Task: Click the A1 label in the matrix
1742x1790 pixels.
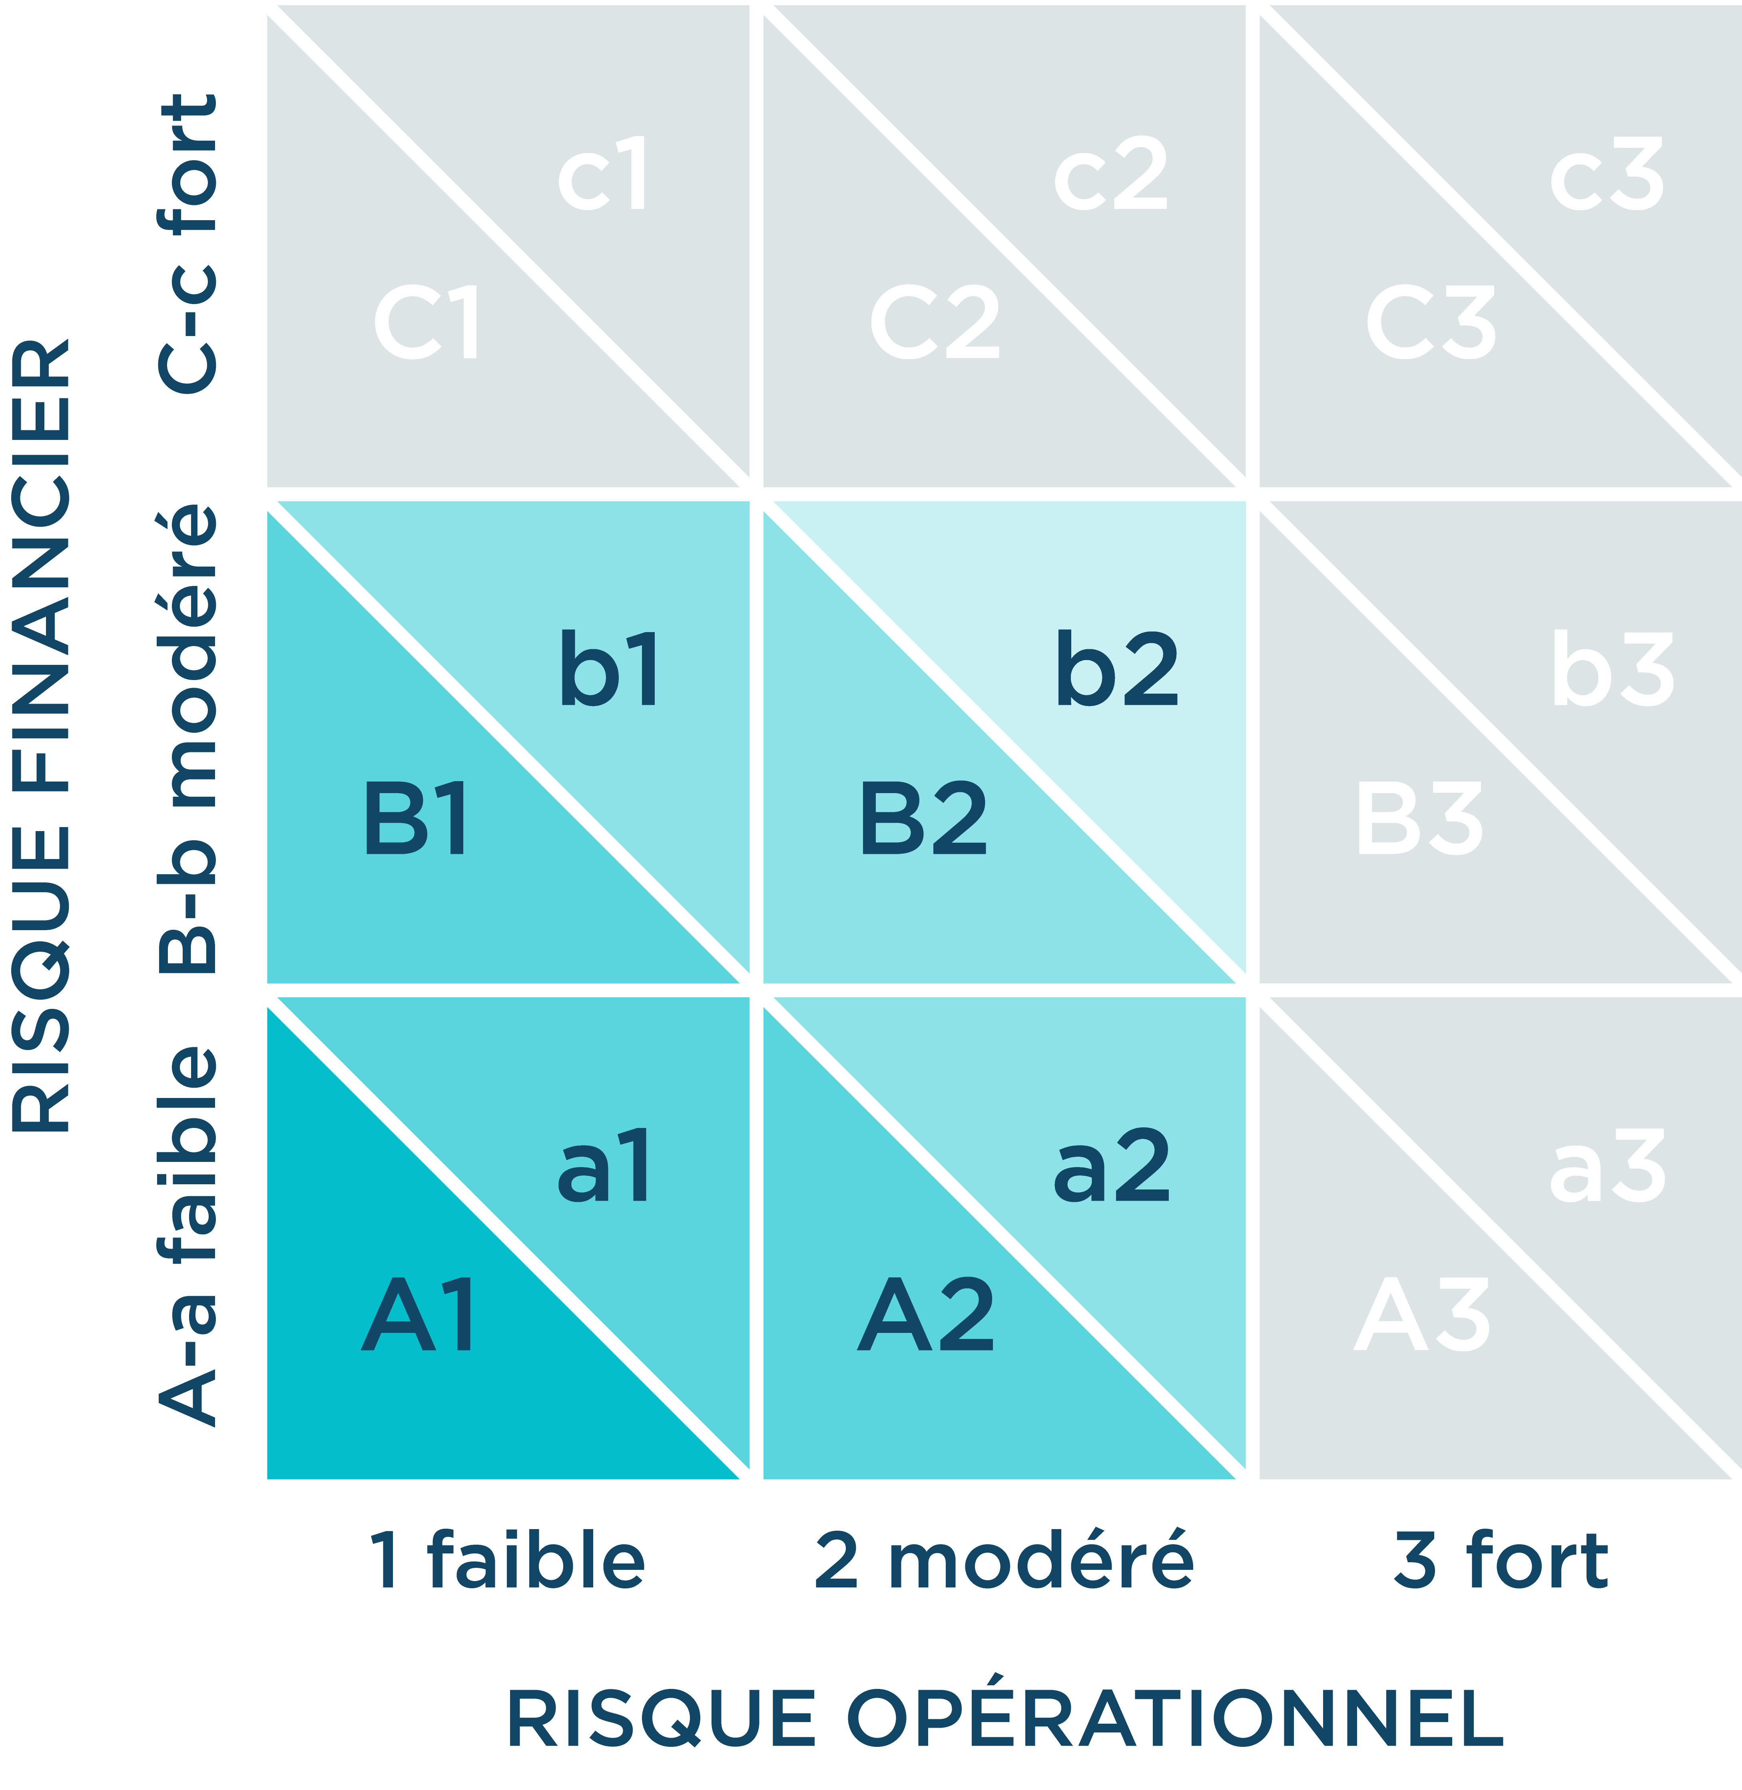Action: coord(419,1315)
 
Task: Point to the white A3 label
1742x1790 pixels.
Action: coord(1423,1315)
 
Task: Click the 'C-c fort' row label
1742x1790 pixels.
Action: coord(187,243)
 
